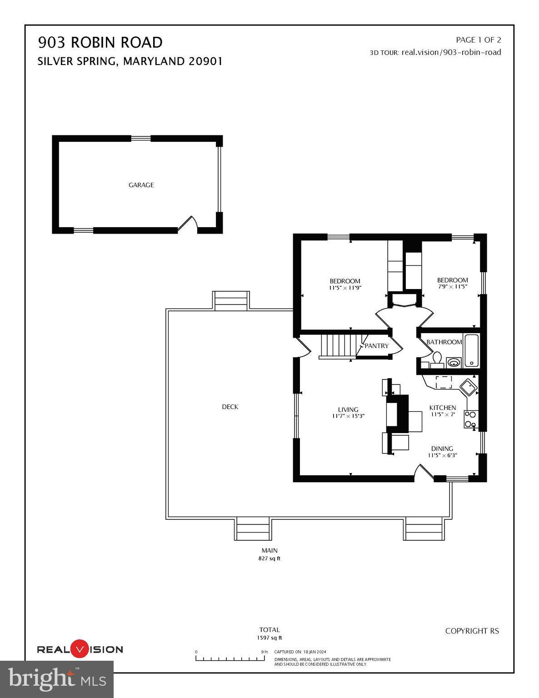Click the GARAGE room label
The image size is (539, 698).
tap(141, 185)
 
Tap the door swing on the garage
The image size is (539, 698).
tap(189, 224)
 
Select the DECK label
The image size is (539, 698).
tap(230, 407)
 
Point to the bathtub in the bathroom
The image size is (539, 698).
tap(472, 350)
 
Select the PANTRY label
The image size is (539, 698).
tap(377, 346)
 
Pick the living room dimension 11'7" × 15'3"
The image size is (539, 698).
tap(348, 416)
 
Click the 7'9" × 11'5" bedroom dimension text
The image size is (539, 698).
tap(452, 287)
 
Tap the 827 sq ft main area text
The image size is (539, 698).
tap(269, 558)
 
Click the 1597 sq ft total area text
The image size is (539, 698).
tap(269, 638)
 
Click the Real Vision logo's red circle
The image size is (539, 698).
tap(80, 649)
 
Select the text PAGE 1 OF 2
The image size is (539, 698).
tap(478, 40)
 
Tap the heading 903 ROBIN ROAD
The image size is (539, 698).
tap(100, 42)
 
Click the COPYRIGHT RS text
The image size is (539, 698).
tap(472, 631)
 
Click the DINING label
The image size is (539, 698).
tap(442, 449)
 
